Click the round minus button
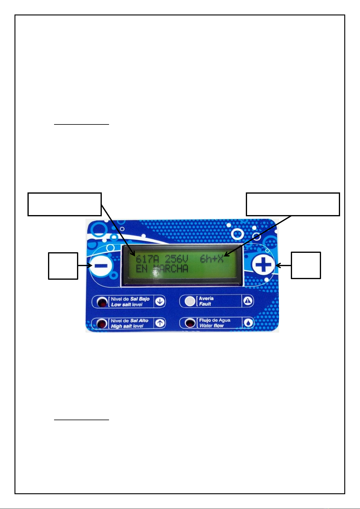point(101,266)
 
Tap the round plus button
point(263,265)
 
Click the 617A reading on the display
point(147,259)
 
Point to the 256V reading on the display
point(176,259)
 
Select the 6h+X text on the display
point(212,259)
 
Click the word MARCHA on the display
point(171,269)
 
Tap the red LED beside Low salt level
point(102,302)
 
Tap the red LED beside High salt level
point(102,324)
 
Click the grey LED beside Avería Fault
point(190,301)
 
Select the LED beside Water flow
point(190,323)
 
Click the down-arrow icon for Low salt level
point(160,302)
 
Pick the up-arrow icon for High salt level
point(160,323)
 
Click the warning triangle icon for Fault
point(248,301)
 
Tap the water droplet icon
point(249,323)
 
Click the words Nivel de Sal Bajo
point(130,299)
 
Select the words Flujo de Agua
point(215,321)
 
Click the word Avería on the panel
point(206,298)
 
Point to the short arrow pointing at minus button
point(85,266)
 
